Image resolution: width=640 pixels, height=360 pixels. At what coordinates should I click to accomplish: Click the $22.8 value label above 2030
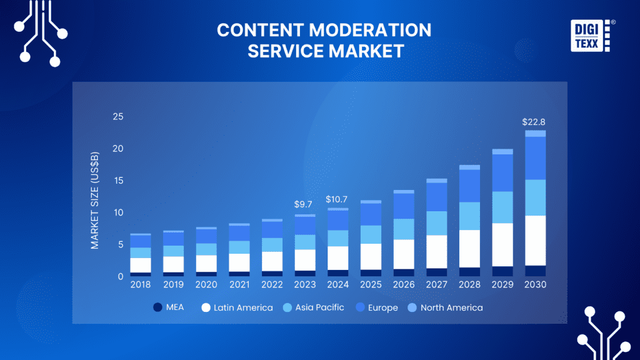click(x=536, y=122)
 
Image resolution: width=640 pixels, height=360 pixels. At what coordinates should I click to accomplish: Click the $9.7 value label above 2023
click(x=304, y=204)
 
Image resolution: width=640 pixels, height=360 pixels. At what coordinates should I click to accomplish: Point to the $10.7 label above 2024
click(x=337, y=199)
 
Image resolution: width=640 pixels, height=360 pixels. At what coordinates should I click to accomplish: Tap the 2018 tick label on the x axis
click(x=141, y=284)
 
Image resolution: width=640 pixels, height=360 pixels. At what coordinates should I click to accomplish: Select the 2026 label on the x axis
click(x=404, y=284)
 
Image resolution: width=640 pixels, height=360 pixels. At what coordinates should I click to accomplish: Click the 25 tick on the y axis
click(x=118, y=117)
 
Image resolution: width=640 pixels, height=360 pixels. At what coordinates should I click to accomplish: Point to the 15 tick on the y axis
click(x=118, y=181)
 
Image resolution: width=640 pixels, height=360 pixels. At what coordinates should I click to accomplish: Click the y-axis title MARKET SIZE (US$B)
click(x=95, y=200)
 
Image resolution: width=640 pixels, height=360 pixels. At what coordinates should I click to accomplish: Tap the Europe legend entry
click(x=376, y=307)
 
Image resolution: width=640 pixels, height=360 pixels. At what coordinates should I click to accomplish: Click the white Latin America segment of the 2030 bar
click(x=536, y=241)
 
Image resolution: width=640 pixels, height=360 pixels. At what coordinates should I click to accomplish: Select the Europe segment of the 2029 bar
click(x=502, y=172)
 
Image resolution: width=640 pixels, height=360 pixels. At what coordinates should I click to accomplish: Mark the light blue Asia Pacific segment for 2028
click(x=469, y=216)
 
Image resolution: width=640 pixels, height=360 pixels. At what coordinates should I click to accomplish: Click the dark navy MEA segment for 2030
click(x=536, y=271)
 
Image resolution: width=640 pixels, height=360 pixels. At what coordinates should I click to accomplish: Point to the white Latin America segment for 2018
click(x=141, y=265)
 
